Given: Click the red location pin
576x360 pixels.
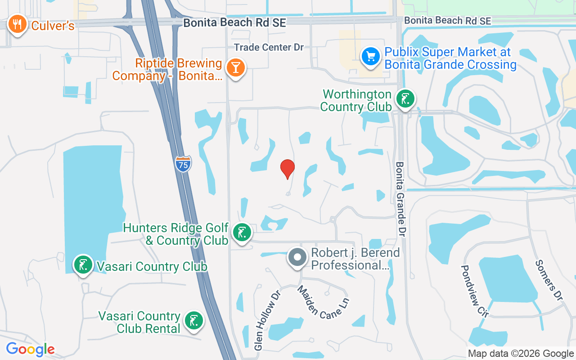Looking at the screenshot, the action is tap(288, 169).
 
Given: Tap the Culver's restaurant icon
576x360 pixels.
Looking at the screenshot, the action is tap(17, 25).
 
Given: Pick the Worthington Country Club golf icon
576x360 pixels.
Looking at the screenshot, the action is tap(405, 99).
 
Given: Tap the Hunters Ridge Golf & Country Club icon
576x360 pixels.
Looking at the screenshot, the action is tap(242, 233).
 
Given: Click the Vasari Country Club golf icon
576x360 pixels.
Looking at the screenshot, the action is tap(83, 265).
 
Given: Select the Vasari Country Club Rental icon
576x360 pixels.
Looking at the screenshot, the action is tap(194, 321).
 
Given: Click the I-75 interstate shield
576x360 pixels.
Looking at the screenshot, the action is tap(183, 164).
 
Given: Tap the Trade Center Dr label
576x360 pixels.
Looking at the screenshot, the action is tap(269, 47).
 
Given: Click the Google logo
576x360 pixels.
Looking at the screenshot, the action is tap(30, 349).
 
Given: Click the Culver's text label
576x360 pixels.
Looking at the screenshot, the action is tap(53, 26).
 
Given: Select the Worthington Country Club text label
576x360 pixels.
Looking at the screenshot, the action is tap(357, 100).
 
